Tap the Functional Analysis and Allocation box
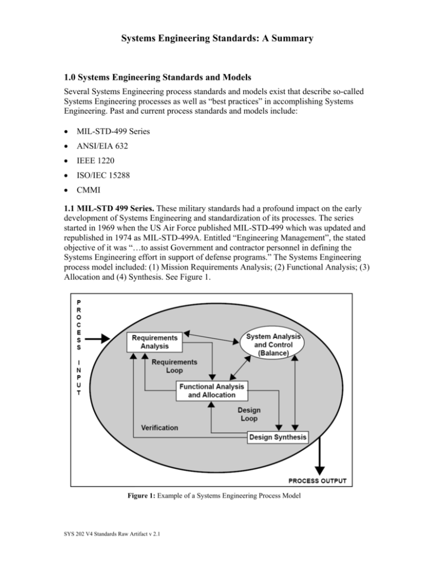click(x=212, y=390)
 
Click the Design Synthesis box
click(x=278, y=437)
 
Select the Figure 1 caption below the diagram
click(x=217, y=504)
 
